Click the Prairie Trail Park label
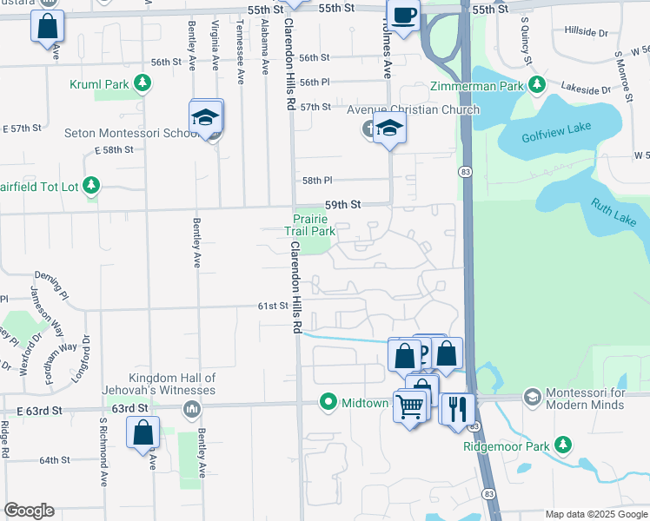[310, 225]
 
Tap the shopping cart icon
[409, 406]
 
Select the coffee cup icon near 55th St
[403, 15]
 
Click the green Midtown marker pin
[328, 402]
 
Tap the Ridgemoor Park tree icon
[564, 445]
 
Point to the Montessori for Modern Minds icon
[532, 397]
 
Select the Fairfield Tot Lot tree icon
[91, 185]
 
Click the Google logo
[29, 511]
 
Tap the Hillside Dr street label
[586, 32]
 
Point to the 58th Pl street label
[316, 181]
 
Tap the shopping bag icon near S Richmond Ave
[143, 432]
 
